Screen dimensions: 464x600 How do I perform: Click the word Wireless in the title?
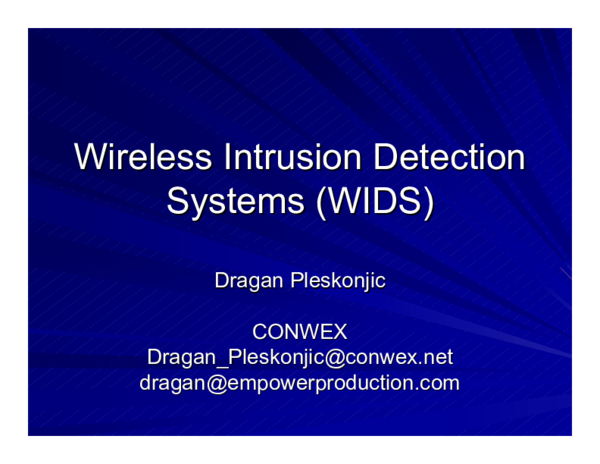coord(143,158)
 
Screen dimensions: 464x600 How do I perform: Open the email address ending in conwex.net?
coord(299,357)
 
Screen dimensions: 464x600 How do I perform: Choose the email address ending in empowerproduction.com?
coord(299,382)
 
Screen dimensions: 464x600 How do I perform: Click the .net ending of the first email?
coord(436,357)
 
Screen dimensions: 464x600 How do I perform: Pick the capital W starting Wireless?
coord(92,158)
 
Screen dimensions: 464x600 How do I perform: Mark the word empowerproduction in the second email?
coord(320,382)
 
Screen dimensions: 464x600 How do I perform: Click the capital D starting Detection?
coord(383,158)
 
